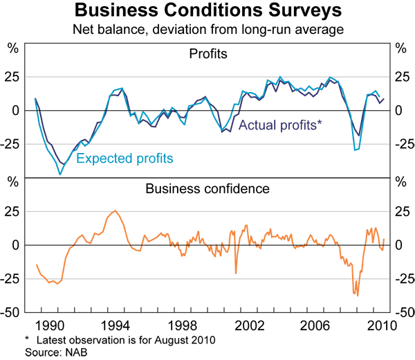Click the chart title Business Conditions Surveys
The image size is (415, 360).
207,11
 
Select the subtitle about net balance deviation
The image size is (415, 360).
207,29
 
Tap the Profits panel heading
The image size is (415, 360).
207,53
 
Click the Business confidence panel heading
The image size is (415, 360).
207,188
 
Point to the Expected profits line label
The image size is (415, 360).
124,159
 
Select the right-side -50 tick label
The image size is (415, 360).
403,312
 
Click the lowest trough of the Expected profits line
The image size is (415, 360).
60,174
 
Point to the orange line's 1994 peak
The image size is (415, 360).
115,211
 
